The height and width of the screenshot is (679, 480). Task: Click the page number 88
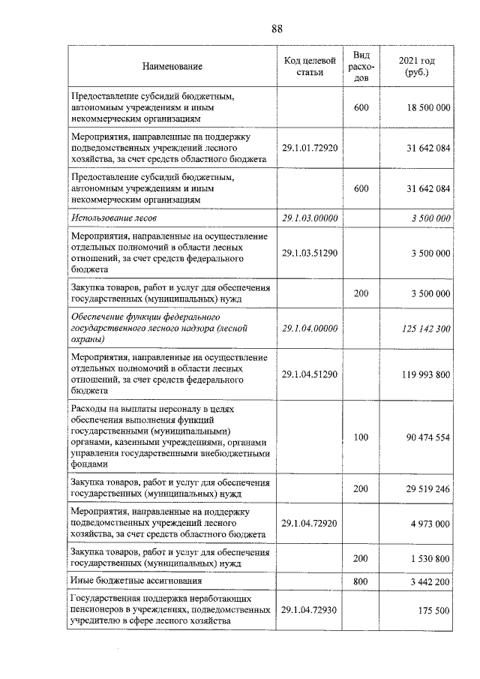tap(277, 29)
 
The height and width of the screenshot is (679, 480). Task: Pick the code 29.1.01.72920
tap(309, 148)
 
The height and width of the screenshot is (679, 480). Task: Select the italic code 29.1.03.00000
tap(309, 218)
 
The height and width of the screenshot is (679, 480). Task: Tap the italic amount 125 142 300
tap(424, 329)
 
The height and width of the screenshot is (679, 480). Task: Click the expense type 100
tap(361, 437)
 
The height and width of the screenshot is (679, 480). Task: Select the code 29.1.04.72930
tap(309, 611)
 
